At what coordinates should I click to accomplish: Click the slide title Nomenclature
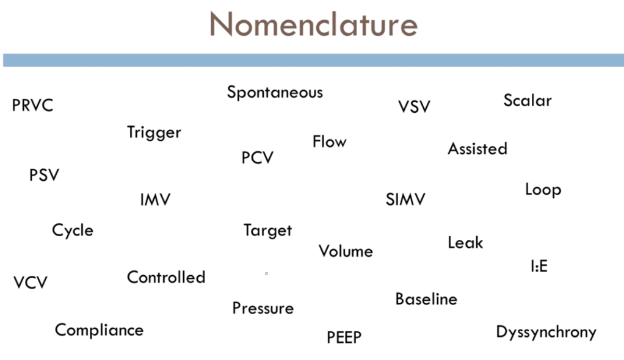click(x=313, y=24)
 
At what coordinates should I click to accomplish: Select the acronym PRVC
click(x=33, y=106)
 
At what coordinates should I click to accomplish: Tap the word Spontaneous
click(x=275, y=93)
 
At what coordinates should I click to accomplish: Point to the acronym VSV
click(x=414, y=107)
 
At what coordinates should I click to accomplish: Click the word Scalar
click(x=528, y=100)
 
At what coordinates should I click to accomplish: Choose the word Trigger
click(x=154, y=132)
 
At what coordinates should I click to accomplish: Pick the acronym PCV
click(x=258, y=158)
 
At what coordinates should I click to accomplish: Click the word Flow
click(x=330, y=142)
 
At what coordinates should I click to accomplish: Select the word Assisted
click(x=477, y=149)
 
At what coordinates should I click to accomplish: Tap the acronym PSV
click(x=45, y=176)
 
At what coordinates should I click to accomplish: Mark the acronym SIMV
click(x=405, y=200)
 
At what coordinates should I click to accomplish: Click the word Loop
click(x=543, y=190)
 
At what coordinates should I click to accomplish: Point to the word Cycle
click(x=73, y=231)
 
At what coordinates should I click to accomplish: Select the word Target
click(x=268, y=231)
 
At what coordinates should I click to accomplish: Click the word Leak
click(x=465, y=243)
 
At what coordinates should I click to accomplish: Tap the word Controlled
click(x=166, y=278)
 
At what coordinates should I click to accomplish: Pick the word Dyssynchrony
click(x=546, y=333)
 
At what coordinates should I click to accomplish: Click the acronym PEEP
click(x=344, y=337)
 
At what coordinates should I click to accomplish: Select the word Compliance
click(x=100, y=330)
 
